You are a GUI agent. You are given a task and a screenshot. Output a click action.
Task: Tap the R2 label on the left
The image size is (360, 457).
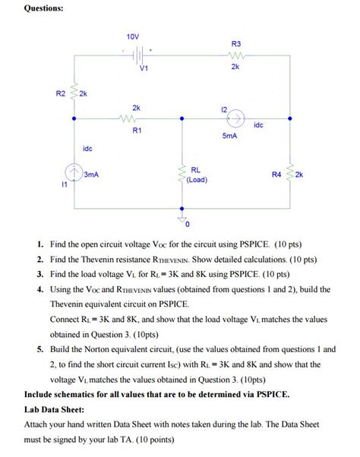pyautogui.click(x=61, y=93)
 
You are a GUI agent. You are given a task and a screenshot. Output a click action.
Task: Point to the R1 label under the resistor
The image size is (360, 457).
pyautogui.click(x=137, y=131)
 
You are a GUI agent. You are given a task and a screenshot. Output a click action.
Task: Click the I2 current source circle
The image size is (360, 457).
pyautogui.click(x=236, y=119)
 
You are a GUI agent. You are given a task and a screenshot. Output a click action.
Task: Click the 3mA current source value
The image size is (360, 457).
pyautogui.click(x=91, y=174)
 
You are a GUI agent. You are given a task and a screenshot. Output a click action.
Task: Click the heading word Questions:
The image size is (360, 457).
pyautogui.click(x=45, y=8)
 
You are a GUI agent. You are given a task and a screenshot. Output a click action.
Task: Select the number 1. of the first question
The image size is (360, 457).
pyautogui.click(x=39, y=245)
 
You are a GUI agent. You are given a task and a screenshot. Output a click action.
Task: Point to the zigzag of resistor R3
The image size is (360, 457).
pyautogui.click(x=235, y=55)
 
